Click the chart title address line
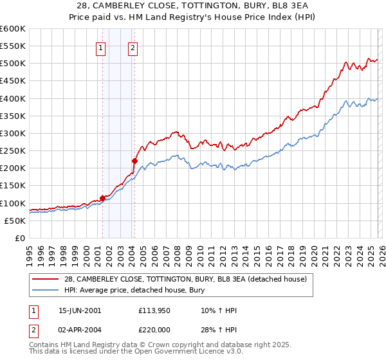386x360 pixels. click(193, 6)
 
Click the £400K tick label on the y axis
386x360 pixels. click(12, 98)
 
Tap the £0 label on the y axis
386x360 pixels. click(19, 238)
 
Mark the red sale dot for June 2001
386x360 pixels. click(102, 198)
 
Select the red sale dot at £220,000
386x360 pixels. click(134, 161)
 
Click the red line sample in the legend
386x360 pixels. click(46, 279)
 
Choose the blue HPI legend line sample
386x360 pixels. click(46, 290)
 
